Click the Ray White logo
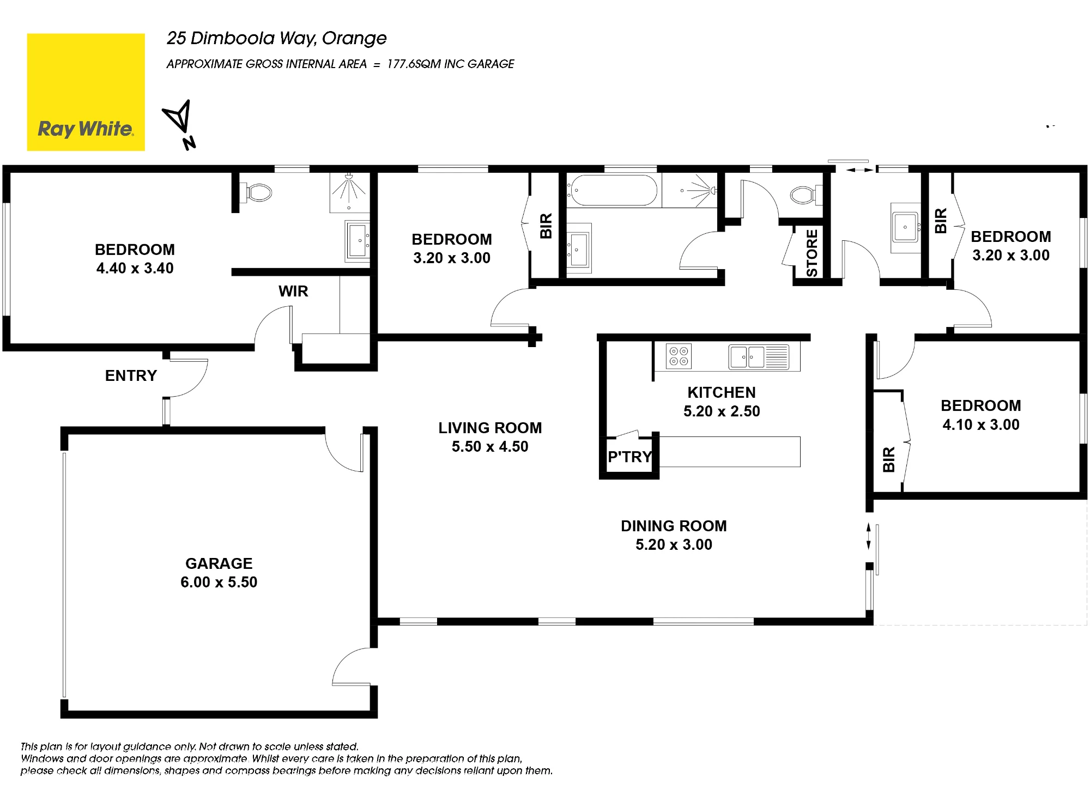coord(86,92)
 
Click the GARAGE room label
coord(219,563)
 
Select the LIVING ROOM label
coord(490,428)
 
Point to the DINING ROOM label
coord(674,526)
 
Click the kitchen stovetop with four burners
coord(679,356)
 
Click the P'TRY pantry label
coord(629,457)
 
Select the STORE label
coord(812,253)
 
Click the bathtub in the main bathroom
coord(613,190)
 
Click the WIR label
coord(293,291)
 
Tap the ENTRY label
coord(131,375)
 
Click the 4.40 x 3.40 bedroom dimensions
coord(135,268)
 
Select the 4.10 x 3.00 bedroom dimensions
coord(981,424)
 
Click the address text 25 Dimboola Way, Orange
coord(276,38)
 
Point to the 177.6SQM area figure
coord(414,64)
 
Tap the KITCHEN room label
coord(722,392)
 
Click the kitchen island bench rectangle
coord(730,452)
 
